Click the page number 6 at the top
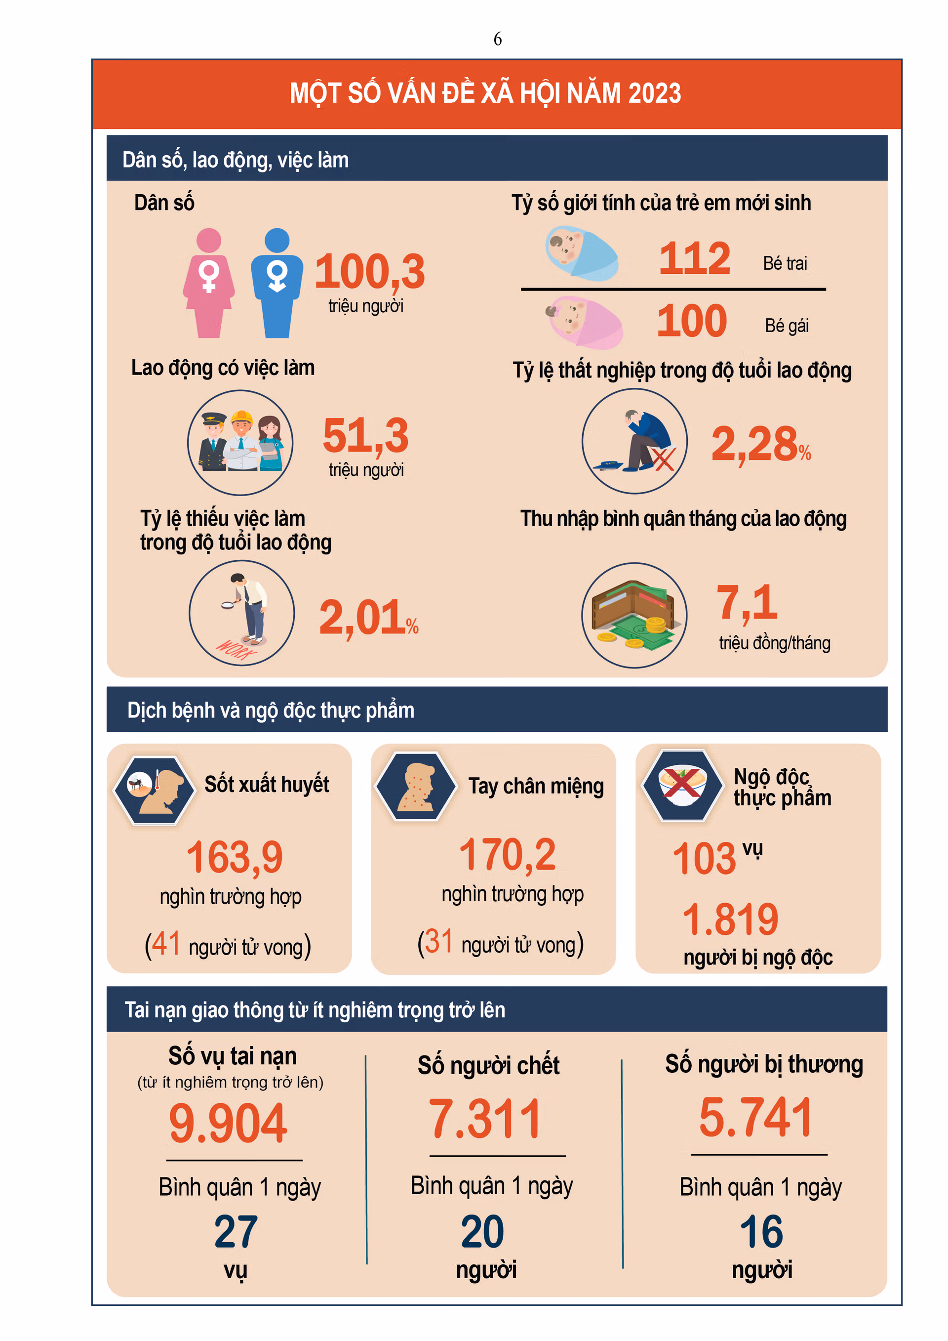point(497,39)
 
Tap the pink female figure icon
point(209,283)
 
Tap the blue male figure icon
point(276,283)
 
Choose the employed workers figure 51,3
point(366,435)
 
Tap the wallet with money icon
point(634,615)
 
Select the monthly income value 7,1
point(747,602)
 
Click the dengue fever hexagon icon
point(154,790)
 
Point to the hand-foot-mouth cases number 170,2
point(507,854)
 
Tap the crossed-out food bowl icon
point(683,786)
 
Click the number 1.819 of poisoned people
point(730,920)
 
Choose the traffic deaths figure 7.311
point(484,1119)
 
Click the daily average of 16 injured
point(761,1231)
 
